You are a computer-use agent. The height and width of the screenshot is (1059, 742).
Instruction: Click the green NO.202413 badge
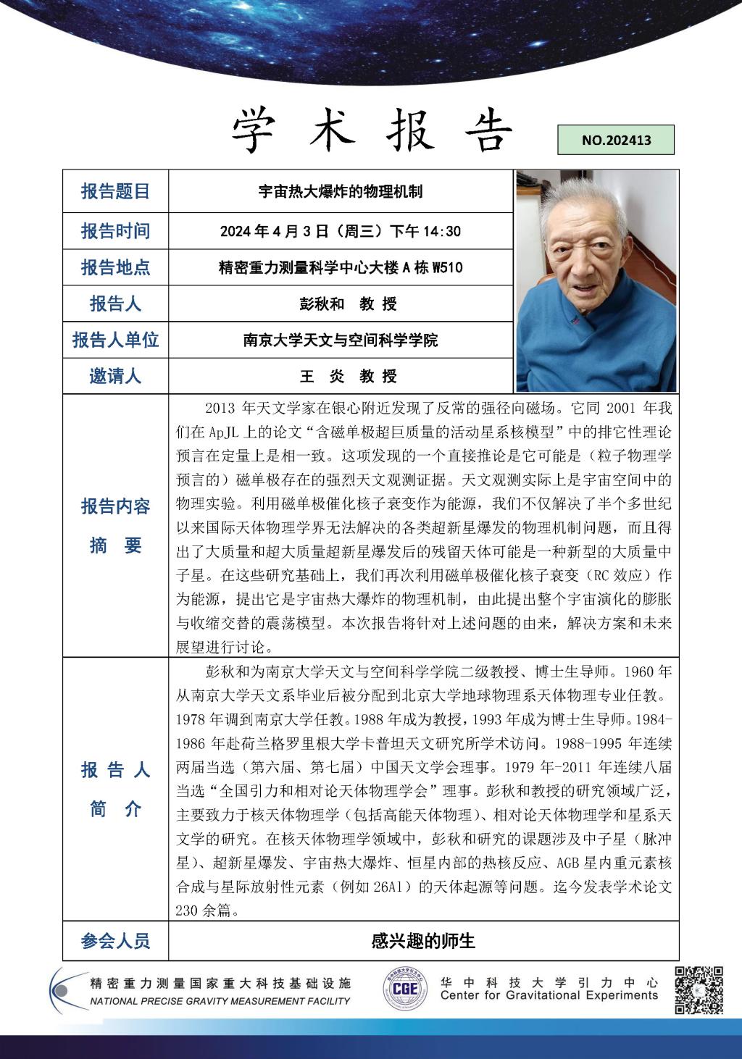pyautogui.click(x=616, y=140)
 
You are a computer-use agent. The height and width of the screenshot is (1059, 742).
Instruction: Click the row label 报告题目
pyautogui.click(x=115, y=191)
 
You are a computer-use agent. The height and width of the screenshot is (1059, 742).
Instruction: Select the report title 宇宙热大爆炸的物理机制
pyautogui.click(x=341, y=191)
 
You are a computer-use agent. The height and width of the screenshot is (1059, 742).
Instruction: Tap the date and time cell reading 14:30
pyautogui.click(x=341, y=231)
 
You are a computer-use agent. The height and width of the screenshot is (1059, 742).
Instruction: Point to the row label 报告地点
pyautogui.click(x=115, y=267)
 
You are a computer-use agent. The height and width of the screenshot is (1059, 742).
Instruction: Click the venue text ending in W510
pyautogui.click(x=341, y=267)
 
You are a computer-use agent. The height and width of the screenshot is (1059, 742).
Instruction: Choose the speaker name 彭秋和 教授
pyautogui.click(x=348, y=304)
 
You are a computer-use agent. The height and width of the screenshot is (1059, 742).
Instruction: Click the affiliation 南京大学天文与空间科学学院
pyautogui.click(x=341, y=340)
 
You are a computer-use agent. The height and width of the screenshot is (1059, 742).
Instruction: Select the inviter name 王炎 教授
pyautogui.click(x=348, y=376)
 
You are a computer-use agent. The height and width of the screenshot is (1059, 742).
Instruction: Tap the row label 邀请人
pyautogui.click(x=115, y=376)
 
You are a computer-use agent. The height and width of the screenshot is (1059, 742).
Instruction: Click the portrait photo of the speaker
pyautogui.click(x=596, y=281)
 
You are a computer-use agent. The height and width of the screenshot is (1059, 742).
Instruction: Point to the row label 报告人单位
pyautogui.click(x=115, y=340)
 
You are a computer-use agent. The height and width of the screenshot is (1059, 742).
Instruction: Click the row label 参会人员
pyautogui.click(x=115, y=941)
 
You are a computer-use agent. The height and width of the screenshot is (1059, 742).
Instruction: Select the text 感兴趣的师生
pyautogui.click(x=423, y=941)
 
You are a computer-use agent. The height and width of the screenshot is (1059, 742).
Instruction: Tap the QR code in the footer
pyautogui.click(x=699, y=989)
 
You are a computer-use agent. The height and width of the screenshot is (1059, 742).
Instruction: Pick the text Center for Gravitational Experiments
pyautogui.click(x=549, y=995)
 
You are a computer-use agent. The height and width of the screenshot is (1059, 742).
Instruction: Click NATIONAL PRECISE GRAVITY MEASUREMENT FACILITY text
pyautogui.click(x=220, y=1001)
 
